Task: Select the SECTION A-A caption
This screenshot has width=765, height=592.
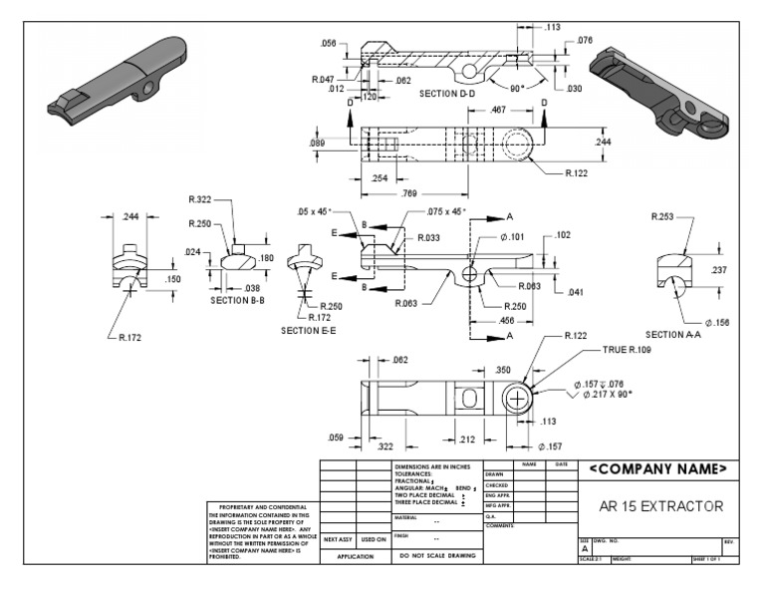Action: [677, 335]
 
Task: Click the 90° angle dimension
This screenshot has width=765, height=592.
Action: [519, 87]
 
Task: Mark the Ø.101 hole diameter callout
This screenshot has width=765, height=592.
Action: [514, 237]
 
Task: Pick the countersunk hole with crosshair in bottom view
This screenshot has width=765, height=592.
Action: [517, 399]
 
